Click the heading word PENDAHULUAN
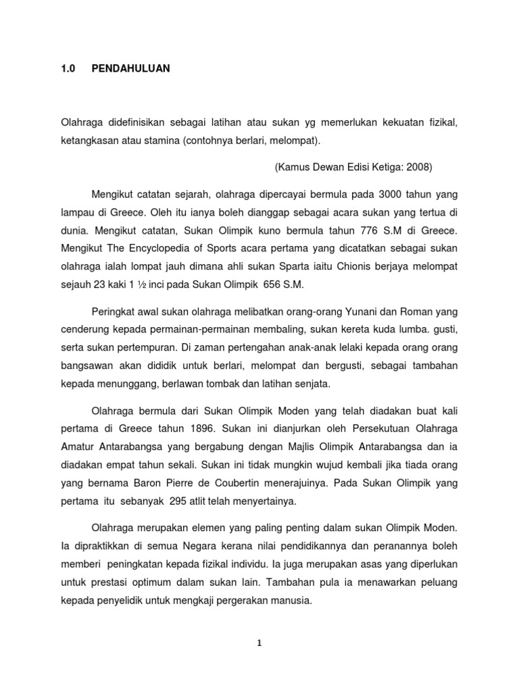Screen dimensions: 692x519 (x=132, y=68)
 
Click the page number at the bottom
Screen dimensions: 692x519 (x=259, y=643)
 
